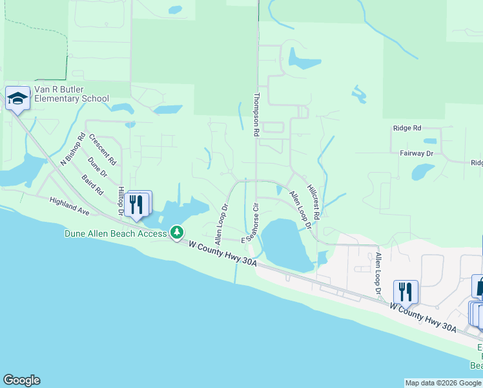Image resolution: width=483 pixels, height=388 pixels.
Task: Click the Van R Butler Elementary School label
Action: point(71,94)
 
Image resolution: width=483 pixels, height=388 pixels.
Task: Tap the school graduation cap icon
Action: point(17,98)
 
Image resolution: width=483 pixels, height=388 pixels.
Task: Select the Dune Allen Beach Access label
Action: point(116,233)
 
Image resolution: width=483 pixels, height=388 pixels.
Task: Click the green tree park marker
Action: point(176,232)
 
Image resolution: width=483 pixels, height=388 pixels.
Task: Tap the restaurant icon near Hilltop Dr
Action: point(137,204)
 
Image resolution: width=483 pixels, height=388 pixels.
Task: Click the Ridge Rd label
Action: point(407,129)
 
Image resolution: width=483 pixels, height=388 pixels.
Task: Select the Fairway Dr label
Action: point(416,153)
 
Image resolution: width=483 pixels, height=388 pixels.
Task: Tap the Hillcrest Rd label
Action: point(313,200)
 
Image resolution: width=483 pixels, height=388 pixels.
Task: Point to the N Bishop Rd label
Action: point(72,149)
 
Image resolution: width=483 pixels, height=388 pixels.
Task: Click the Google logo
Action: point(21,380)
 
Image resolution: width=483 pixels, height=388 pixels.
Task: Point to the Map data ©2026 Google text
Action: point(443,383)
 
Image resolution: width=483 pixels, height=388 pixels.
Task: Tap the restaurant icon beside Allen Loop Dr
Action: point(406,292)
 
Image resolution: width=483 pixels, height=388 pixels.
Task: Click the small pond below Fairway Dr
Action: point(422,171)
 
